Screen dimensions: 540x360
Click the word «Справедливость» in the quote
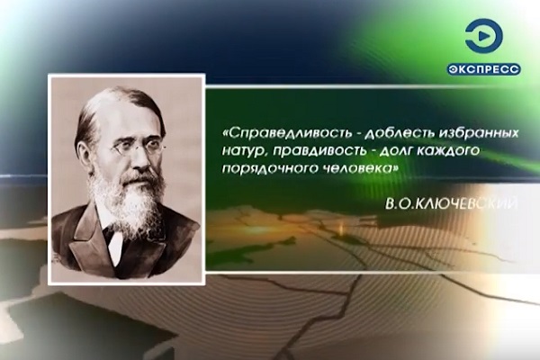click(289, 133)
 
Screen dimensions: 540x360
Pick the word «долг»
click(395, 151)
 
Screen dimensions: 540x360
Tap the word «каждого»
click(448, 151)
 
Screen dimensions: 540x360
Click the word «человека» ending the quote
click(358, 168)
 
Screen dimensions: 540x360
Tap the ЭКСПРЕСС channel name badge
click(484, 69)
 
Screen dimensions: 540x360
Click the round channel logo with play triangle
click(483, 36)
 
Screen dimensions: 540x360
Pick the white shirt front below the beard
click(116, 242)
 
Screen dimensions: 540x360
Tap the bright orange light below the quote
click(342, 229)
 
